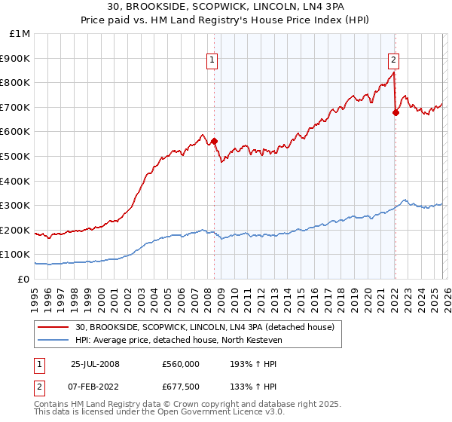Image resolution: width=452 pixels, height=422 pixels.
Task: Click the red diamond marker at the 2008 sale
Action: click(x=214, y=140)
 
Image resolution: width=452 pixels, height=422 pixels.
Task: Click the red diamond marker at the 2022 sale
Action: click(x=395, y=112)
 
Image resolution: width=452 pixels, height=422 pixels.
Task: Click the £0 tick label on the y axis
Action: click(x=23, y=279)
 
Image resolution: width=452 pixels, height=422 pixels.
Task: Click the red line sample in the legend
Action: click(x=54, y=326)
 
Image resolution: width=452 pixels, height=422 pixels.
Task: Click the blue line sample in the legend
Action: click(x=54, y=340)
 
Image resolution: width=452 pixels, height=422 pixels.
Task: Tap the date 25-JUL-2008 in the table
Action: click(x=95, y=364)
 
